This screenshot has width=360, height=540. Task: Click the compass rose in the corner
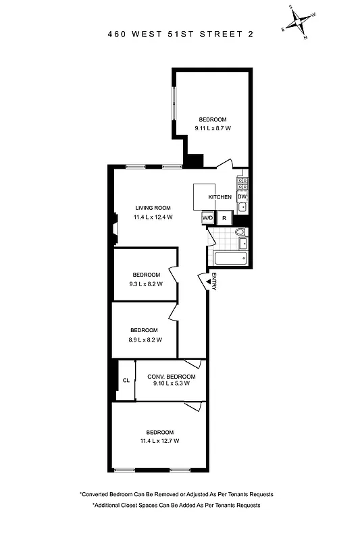point(298,22)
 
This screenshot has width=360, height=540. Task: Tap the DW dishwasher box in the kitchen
point(242,196)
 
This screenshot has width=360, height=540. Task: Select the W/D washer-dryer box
point(207,217)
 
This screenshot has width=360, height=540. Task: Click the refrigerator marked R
point(224,218)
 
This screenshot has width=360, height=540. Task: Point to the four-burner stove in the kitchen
point(242,182)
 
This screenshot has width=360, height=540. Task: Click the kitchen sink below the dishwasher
point(242,207)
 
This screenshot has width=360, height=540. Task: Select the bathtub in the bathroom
point(229,259)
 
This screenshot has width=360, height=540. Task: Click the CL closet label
point(126,381)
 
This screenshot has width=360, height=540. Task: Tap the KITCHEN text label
point(220,197)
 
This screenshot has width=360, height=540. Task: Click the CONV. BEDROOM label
point(172,376)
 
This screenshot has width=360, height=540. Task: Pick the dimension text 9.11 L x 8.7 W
point(213,128)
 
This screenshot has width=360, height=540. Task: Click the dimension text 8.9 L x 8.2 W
point(145,340)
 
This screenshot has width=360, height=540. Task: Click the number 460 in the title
point(118,35)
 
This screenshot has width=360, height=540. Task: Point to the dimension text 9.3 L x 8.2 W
point(146,284)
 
